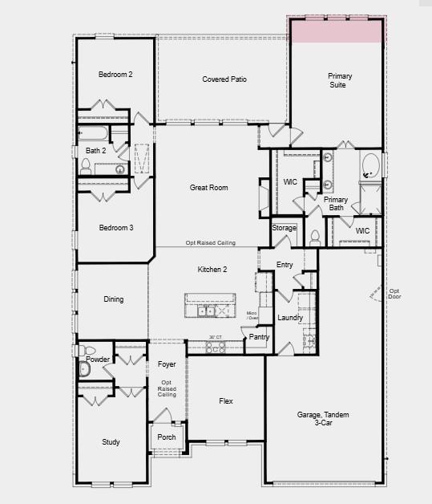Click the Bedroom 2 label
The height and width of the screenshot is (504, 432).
coord(115,75)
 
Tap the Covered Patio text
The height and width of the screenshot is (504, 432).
coord(224,79)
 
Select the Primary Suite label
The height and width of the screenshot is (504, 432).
coord(340,80)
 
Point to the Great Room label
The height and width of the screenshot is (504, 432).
coord(208,188)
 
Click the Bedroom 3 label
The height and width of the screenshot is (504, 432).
coord(116,228)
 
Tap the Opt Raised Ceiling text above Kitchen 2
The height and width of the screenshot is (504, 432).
coord(210,242)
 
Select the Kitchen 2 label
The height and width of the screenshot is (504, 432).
coord(212,270)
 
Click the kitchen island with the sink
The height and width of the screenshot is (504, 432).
coord(212,307)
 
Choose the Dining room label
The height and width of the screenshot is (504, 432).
coord(114,299)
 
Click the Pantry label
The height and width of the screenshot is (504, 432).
coord(258,337)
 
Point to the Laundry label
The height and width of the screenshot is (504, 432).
coord(290,318)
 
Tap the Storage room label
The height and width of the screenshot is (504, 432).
coord(284,229)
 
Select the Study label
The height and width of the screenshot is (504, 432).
coord(111,442)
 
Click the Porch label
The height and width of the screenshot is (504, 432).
coord(166,437)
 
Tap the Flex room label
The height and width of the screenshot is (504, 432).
coord(226,400)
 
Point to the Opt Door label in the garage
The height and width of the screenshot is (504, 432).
coord(394,294)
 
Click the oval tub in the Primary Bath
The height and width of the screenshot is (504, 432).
coord(371,165)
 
